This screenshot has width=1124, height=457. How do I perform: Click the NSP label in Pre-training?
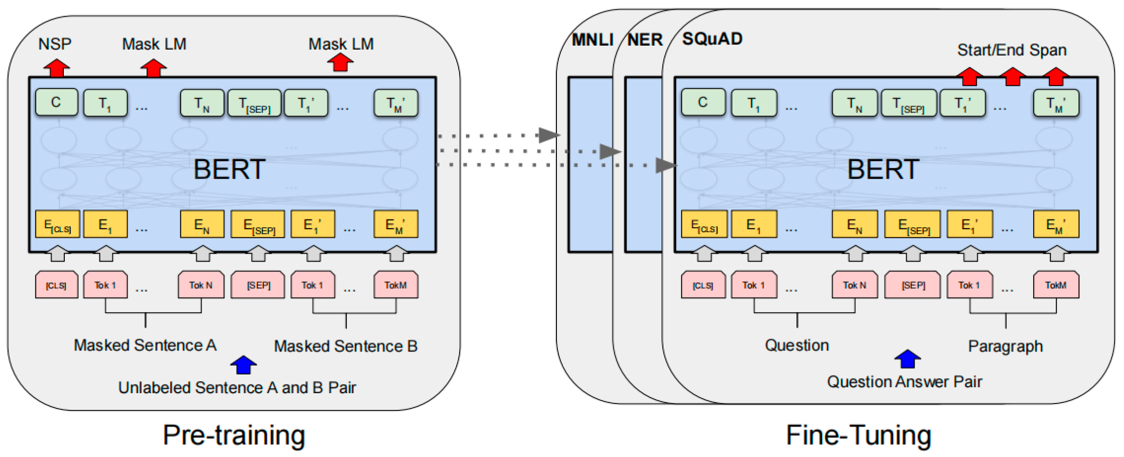coord(55,44)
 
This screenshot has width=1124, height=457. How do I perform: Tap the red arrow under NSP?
coord(56,68)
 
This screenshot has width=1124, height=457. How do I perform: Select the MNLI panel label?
coord(592,40)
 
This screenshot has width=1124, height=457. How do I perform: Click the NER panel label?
coord(645,40)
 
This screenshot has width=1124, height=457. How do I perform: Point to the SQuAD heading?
coord(712,39)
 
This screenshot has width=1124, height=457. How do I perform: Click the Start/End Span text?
coord(1012,50)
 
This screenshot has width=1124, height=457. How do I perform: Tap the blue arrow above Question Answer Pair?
coord(907,359)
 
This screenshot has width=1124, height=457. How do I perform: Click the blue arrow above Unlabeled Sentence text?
coord(243,365)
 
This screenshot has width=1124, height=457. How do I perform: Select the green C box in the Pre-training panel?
coord(56,103)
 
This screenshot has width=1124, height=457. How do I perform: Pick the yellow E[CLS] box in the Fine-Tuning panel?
coord(704,225)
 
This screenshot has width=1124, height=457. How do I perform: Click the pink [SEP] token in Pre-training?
coord(258,285)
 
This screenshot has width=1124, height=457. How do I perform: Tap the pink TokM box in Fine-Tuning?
coord(1056,285)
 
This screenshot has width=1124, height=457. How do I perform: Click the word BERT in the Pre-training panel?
coord(229,169)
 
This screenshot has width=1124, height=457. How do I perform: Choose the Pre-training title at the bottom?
coord(234,435)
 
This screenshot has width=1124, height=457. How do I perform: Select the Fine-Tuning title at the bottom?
coord(859,435)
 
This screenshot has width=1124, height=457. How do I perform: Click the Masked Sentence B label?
coord(345,346)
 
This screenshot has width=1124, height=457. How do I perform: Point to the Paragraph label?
coord(1005,346)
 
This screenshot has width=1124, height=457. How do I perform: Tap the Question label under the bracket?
coord(797,345)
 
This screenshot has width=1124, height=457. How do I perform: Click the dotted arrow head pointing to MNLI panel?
coord(549,135)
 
